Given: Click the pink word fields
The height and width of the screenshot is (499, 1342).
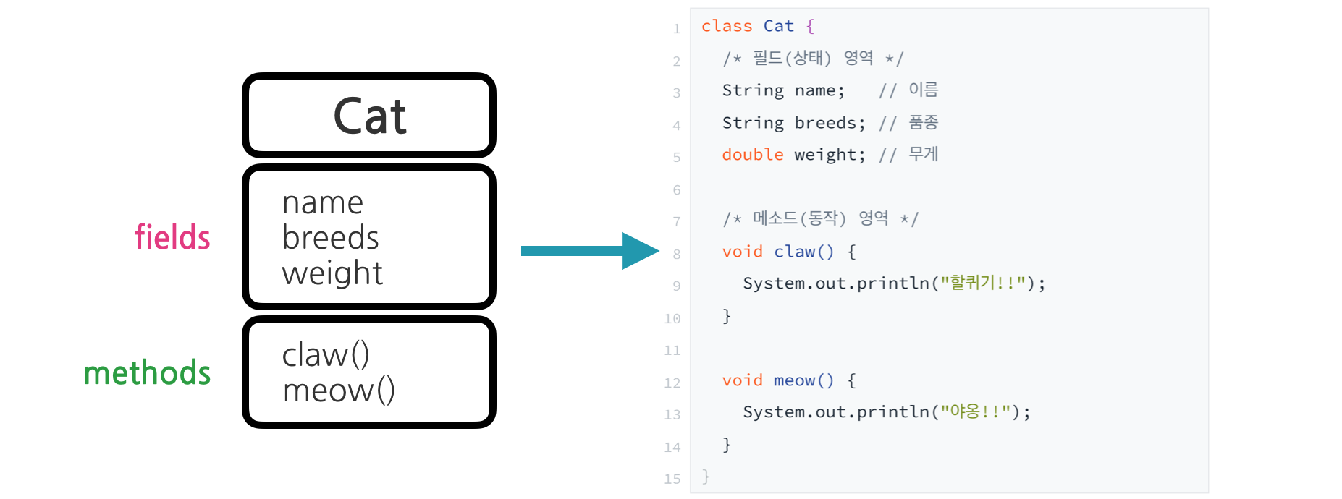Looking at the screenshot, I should click(172, 237).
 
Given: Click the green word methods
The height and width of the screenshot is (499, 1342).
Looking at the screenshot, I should click(147, 373).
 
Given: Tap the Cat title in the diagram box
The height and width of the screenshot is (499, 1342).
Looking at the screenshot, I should click(370, 116).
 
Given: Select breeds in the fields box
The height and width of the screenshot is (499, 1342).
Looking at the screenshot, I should click(330, 238).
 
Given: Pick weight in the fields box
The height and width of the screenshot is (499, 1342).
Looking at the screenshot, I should click(332, 273).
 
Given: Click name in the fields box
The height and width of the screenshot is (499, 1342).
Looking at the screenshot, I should click(323, 203).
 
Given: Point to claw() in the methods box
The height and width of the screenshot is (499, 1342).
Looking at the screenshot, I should click(326, 355).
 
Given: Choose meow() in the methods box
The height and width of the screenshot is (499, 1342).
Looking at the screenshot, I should click(339, 391).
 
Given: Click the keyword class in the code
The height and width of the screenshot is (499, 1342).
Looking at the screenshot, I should click(727, 27).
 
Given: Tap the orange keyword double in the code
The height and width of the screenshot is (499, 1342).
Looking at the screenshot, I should click(753, 155).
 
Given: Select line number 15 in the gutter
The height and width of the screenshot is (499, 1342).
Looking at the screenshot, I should click(672, 479).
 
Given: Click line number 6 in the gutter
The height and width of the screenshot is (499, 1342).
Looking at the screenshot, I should click(677, 190).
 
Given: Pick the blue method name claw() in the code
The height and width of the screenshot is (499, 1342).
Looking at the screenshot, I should click(803, 252).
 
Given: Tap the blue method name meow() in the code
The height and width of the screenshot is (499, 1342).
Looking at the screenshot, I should click(803, 380).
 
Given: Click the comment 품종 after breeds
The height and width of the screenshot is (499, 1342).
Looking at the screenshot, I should click(923, 122).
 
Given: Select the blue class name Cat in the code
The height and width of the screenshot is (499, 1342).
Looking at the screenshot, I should click(779, 27).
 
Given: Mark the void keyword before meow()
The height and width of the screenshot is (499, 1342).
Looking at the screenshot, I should click(742, 380).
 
